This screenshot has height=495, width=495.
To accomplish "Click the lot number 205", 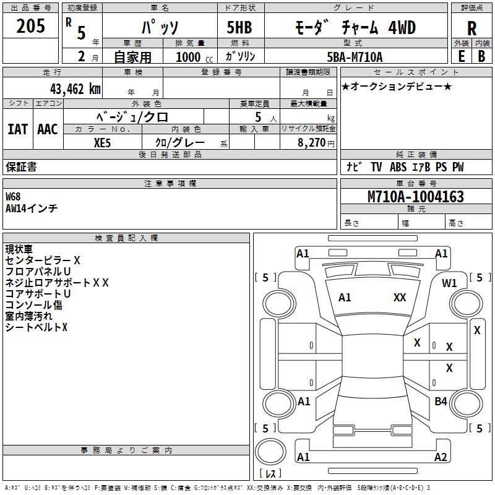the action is coord(31,27).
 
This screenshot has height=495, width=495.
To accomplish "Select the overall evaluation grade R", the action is coord(471,28).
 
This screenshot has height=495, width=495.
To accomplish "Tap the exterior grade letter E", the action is coord(461,56).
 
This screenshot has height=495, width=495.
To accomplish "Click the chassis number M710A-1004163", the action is coord(415,197).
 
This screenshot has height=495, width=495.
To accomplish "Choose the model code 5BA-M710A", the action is coord(355,57).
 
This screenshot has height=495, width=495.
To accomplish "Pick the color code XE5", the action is coord(103,142).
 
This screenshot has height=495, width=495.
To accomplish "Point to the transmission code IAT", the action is coord(17,129).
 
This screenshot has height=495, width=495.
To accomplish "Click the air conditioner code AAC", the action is coord(47,129).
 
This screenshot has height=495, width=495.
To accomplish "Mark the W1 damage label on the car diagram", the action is coord(449,283).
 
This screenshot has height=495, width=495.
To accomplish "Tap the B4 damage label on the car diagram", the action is coord(441,402).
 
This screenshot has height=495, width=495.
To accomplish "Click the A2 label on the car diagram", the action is coord(441,457).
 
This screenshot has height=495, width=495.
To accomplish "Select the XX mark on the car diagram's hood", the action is coord(400,298).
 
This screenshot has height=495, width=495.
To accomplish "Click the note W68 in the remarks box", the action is coord(13,197).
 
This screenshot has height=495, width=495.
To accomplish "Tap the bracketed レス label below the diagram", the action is coord(270,474).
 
